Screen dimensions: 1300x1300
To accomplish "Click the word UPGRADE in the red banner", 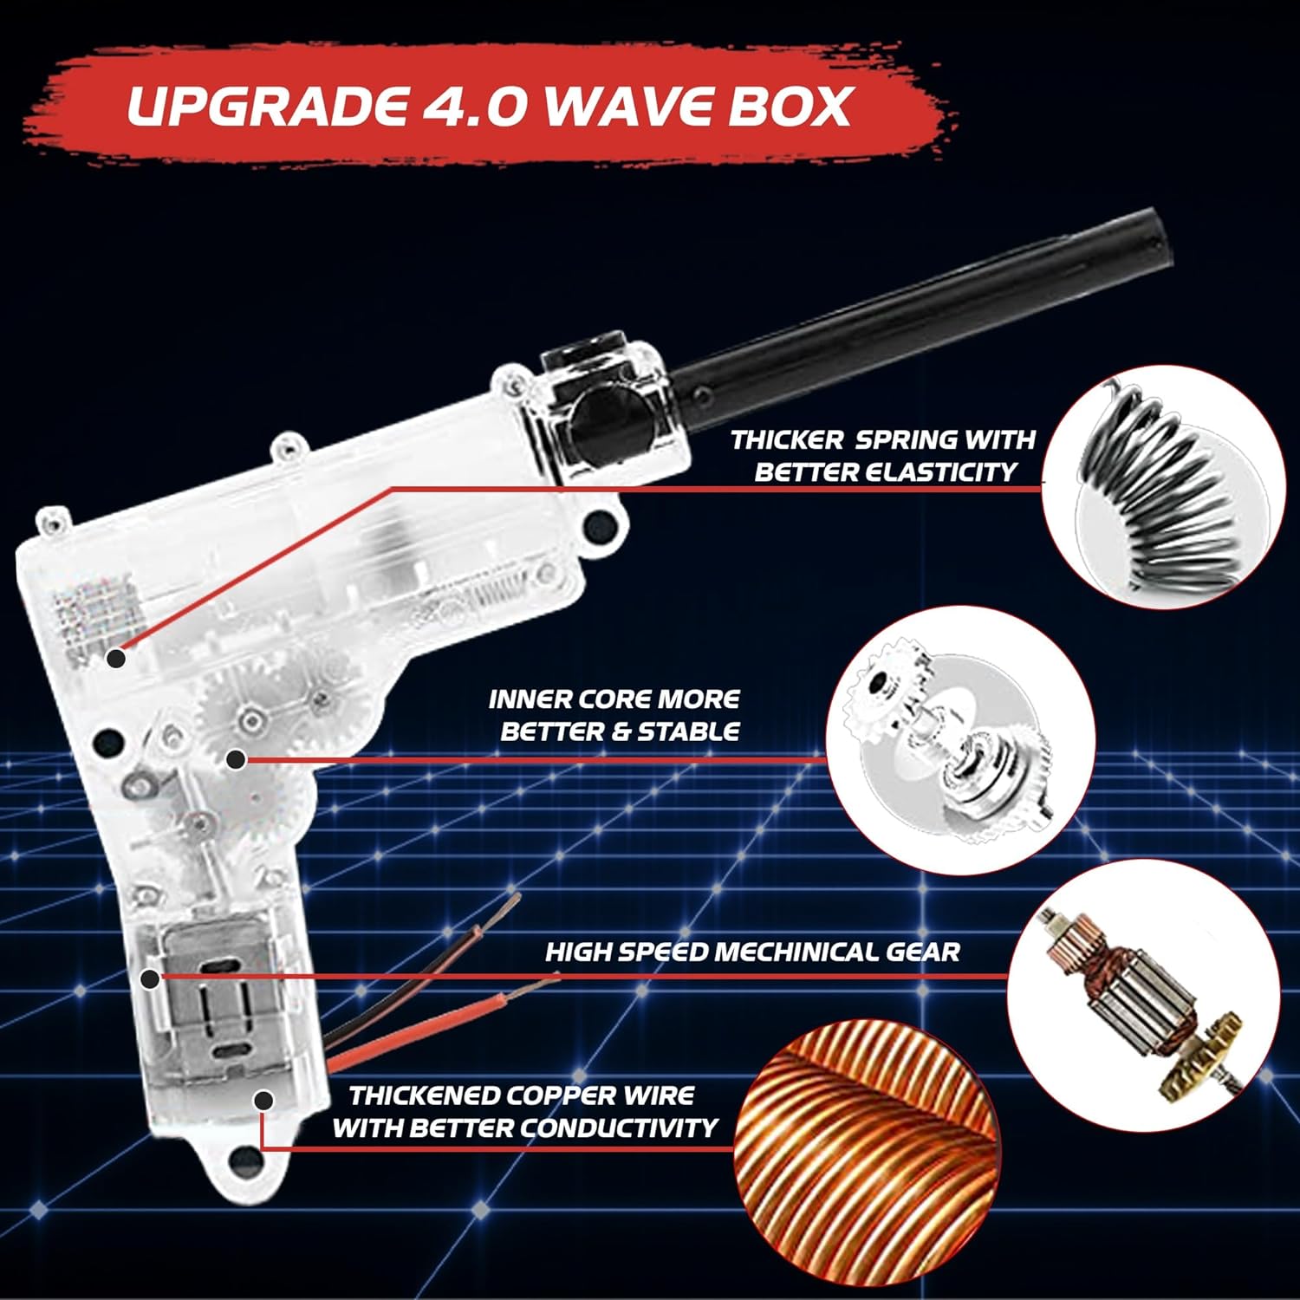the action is [267, 106].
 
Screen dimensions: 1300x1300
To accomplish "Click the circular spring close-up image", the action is [1163, 486].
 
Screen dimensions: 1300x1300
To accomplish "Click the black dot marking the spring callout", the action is [116, 658].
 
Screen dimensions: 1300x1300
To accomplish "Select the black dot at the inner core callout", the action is [235, 759].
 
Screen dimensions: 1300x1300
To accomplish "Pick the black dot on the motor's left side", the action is [150, 979].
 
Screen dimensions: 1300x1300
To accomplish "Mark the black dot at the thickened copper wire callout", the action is [263, 1101].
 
